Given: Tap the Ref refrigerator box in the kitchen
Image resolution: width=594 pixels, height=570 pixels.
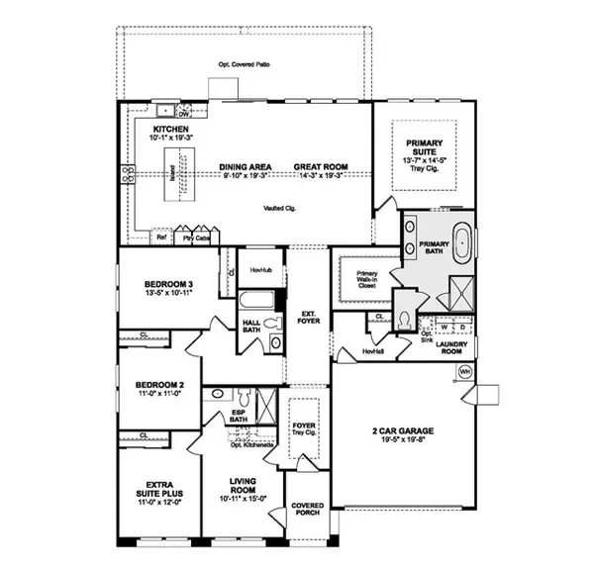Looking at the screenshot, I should [x=160, y=237].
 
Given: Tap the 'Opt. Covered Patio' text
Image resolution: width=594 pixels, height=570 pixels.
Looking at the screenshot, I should [x=244, y=65].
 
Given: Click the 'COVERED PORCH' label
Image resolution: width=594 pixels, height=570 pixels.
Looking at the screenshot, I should [x=306, y=511].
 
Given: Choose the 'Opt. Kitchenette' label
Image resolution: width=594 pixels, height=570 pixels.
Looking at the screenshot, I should [x=250, y=445].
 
